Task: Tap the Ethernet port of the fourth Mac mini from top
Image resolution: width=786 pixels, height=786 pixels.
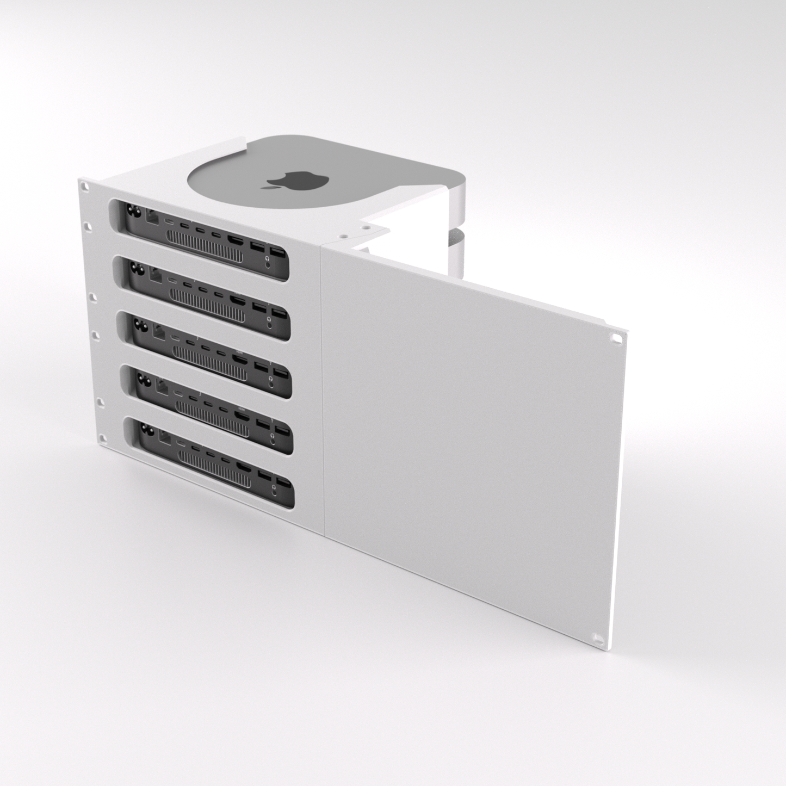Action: tap(162, 386)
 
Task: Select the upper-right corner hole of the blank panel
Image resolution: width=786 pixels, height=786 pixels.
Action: tap(616, 337)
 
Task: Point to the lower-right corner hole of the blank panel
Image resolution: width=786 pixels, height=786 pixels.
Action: tap(598, 637)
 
